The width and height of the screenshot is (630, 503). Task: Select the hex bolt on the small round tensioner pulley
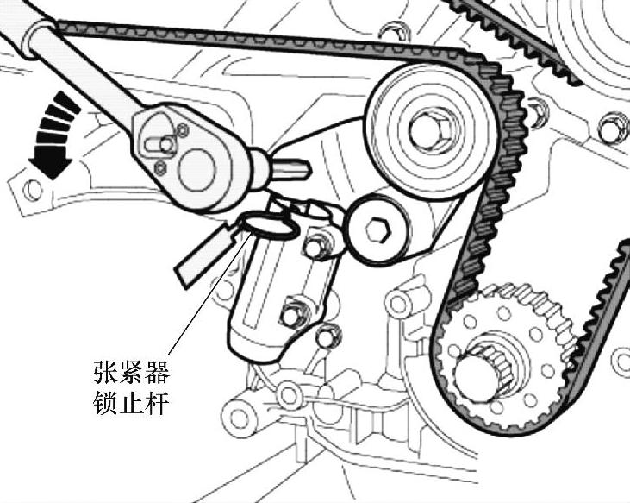(x=377, y=229)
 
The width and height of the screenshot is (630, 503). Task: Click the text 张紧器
(x=131, y=373)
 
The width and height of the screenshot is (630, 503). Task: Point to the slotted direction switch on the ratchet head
(x=158, y=139)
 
